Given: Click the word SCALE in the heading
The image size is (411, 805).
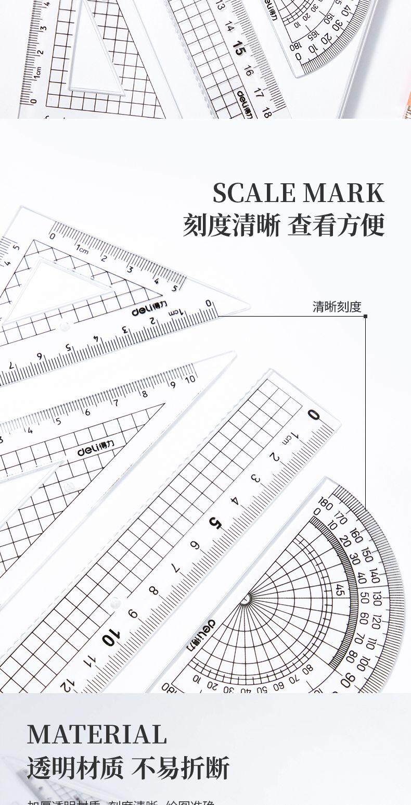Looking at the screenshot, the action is coord(254,194).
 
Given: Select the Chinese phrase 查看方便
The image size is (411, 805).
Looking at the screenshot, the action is coord(336,226).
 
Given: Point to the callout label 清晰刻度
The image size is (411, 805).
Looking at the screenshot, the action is coord(337,307).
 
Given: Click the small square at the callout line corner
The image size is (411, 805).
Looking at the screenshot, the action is coord(365,316).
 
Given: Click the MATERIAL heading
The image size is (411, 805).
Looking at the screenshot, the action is coord(97,735).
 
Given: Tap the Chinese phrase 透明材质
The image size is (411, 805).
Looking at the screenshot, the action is coord(75,768).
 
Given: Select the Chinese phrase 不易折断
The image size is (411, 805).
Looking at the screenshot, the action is coord(180,768).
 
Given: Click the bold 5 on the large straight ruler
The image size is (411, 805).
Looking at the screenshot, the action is coord(215,523).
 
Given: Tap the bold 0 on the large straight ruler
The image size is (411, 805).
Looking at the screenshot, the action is coord(313,415).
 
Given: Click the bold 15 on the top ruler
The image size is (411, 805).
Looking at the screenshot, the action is coord(239,51).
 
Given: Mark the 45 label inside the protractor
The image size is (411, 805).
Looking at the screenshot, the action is coord(340,590).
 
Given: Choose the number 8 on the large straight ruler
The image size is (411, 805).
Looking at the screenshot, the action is coord(153,591).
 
